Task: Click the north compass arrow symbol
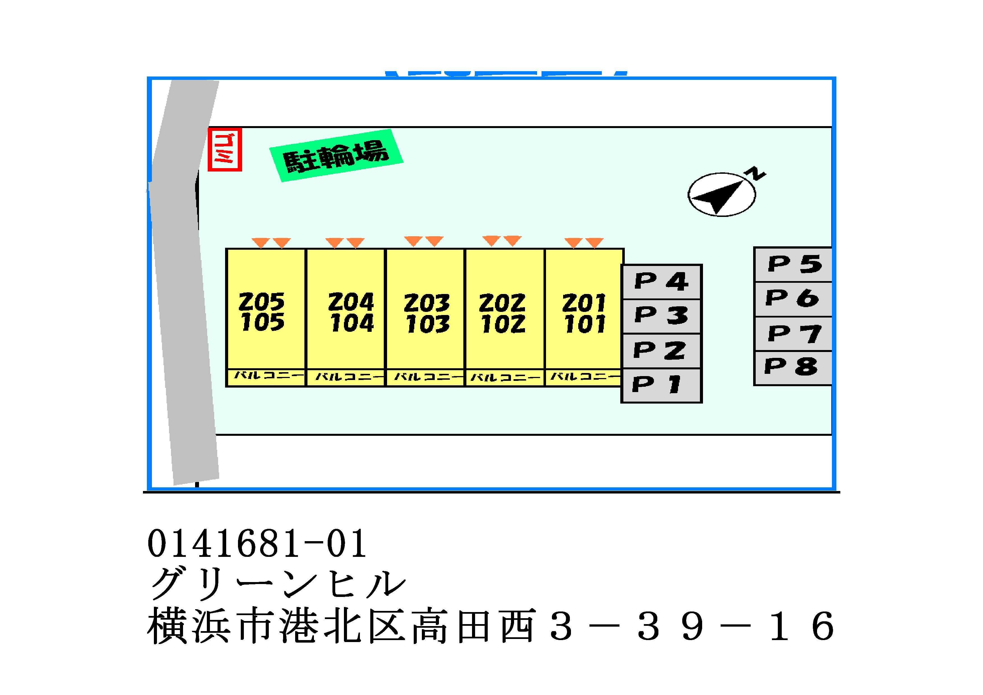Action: [x=722, y=195]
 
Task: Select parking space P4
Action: [x=661, y=282]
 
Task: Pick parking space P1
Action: [x=661, y=385]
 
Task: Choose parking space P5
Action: [x=793, y=264]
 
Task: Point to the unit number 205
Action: [x=262, y=302]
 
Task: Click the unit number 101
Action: [x=584, y=325]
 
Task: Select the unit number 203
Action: [x=427, y=303]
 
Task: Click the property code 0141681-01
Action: [x=257, y=543]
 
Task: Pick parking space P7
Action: [x=793, y=333]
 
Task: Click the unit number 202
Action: [x=502, y=303]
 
